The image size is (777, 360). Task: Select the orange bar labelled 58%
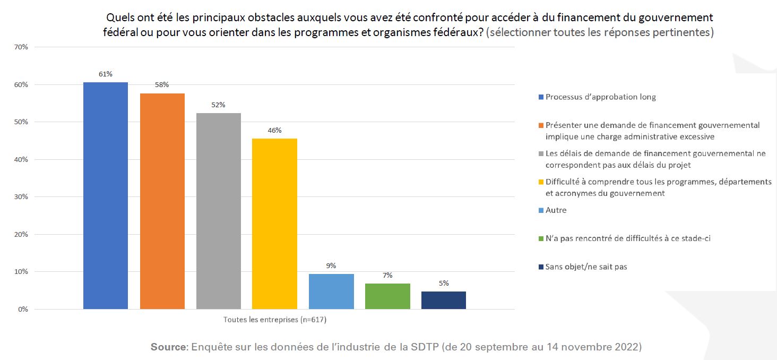(162, 201)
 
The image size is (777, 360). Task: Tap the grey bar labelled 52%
(218, 211)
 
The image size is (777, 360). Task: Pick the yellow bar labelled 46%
(274, 224)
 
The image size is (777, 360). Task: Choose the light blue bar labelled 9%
(331, 292)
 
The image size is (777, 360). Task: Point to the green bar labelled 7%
(387, 296)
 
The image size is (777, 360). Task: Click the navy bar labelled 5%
(444, 300)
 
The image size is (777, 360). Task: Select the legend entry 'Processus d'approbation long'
(600, 97)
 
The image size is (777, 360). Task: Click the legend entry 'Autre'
(556, 210)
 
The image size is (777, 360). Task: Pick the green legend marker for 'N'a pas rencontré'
(541, 239)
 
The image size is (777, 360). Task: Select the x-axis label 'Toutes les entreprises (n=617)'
(274, 320)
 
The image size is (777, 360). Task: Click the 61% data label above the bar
(106, 74)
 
